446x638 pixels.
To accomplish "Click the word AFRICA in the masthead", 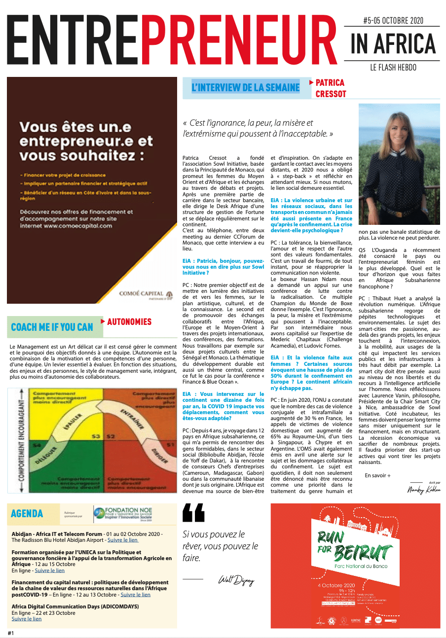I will [x=406, y=44].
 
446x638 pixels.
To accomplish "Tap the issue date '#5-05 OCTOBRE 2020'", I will [x=392, y=21].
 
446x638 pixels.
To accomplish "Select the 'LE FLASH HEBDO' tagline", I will [x=393, y=67].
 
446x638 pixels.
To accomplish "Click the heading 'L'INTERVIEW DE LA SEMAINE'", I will [x=245, y=88].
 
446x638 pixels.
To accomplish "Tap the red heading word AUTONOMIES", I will [x=129, y=322].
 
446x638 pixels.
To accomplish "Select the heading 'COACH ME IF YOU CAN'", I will [x=52, y=327].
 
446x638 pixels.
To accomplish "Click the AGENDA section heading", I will [x=27, y=514].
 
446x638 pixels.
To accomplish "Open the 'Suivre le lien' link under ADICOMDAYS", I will [x=27, y=619].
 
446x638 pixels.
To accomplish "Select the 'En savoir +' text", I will [x=377, y=475].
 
